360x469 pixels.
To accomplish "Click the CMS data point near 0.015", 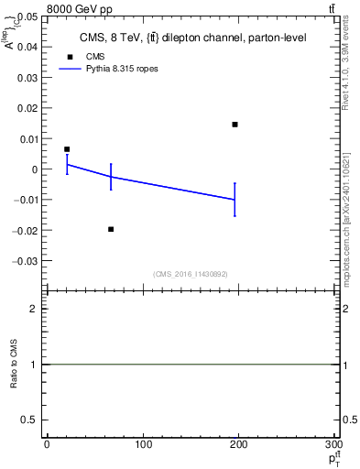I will (235, 125).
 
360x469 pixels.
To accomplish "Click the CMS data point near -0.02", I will (111, 229).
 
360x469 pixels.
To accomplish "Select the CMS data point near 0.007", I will (67, 149).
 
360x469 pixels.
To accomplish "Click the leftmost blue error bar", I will (67, 165).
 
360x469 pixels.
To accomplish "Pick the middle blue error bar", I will (111, 176).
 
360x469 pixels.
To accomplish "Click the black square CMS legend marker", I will (68, 57).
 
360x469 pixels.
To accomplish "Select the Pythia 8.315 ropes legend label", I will (115, 69).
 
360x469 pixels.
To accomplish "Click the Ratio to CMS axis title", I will (14, 364).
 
